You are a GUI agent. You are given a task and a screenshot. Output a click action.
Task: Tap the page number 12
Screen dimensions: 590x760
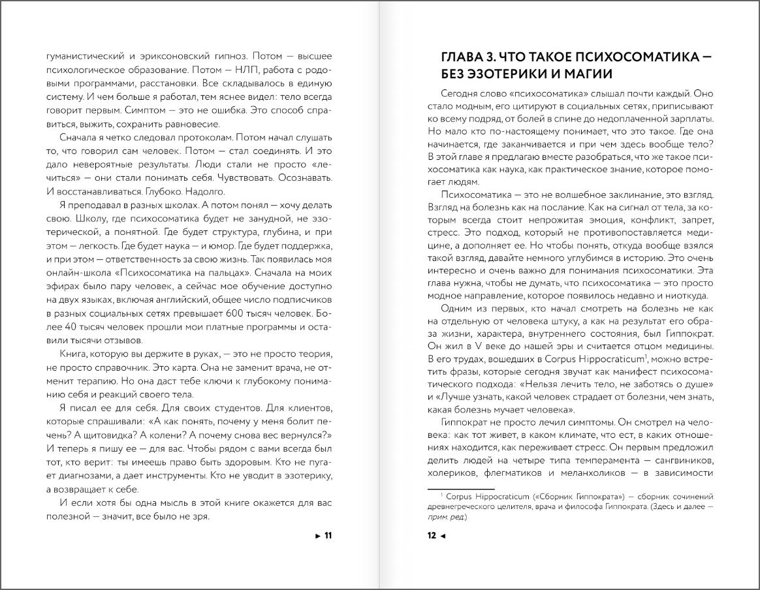coord(432,536)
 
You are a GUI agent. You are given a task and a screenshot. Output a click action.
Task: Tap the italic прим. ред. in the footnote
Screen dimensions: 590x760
coord(448,518)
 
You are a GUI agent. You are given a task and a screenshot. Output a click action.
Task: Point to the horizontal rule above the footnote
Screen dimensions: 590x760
coord(460,487)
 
